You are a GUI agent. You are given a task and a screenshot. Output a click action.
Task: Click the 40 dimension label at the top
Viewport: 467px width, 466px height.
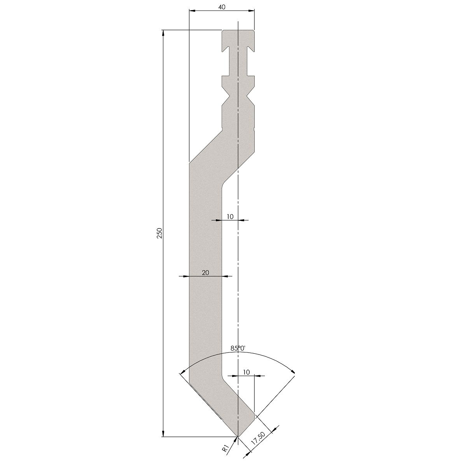pyautogui.click(x=222, y=7)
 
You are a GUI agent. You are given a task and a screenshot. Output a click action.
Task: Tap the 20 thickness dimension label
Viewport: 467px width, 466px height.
pyautogui.click(x=205, y=272)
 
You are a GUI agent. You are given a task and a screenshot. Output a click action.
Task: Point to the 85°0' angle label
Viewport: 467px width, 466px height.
pyautogui.click(x=238, y=349)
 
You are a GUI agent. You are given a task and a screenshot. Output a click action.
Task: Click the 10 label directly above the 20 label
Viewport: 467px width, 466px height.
pyautogui.click(x=230, y=216)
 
